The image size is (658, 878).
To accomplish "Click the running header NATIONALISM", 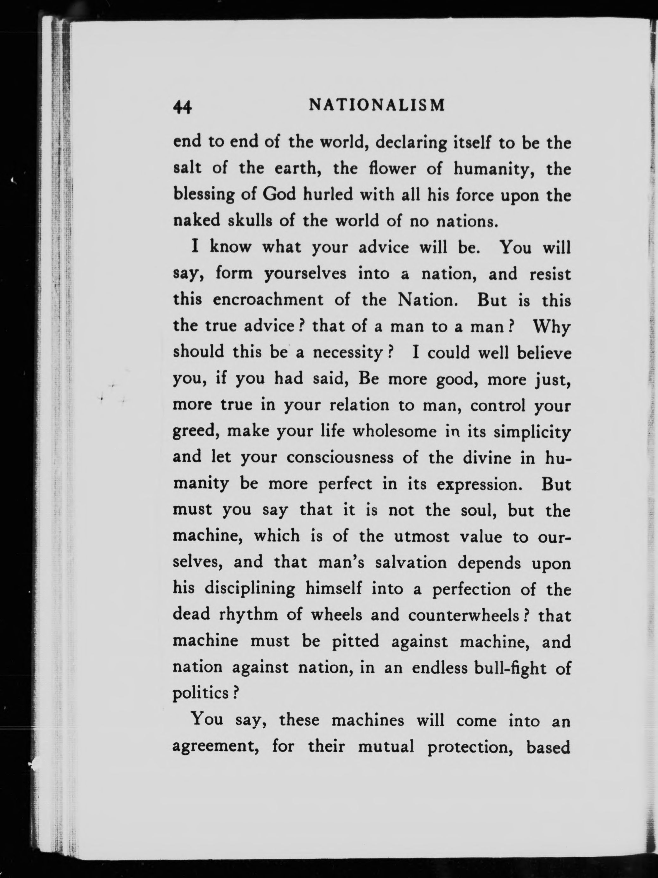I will (377, 105).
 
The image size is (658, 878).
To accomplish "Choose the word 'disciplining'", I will (250, 589).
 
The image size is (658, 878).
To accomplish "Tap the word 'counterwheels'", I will (463, 615).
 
